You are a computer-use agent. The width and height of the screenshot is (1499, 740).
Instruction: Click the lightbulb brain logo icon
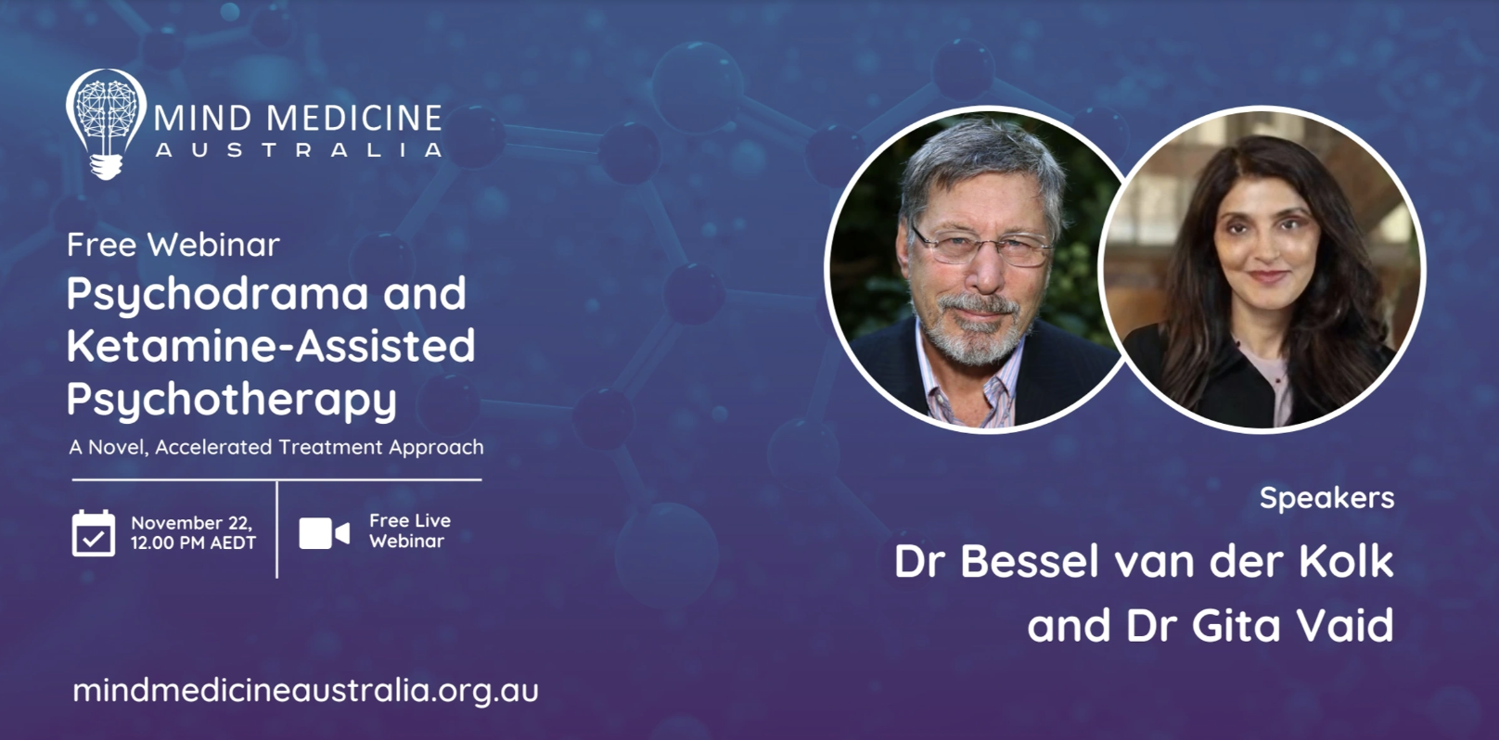(x=106, y=124)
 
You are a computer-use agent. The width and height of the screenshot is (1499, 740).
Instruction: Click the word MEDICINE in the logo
(x=354, y=118)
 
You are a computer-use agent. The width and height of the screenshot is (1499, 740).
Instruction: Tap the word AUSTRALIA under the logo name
(x=299, y=149)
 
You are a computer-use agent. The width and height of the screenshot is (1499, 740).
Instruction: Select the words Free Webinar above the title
(x=173, y=245)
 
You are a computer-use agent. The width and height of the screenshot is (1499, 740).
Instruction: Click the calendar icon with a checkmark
(x=93, y=533)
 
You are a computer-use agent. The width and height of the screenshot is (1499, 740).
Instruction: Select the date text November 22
(x=191, y=523)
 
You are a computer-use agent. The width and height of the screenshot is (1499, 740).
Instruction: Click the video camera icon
(x=324, y=533)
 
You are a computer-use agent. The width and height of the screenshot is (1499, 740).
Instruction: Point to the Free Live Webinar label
(x=410, y=530)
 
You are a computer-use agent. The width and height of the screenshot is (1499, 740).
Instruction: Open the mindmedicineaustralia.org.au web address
(x=305, y=691)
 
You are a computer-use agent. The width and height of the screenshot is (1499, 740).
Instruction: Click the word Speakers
(x=1327, y=499)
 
